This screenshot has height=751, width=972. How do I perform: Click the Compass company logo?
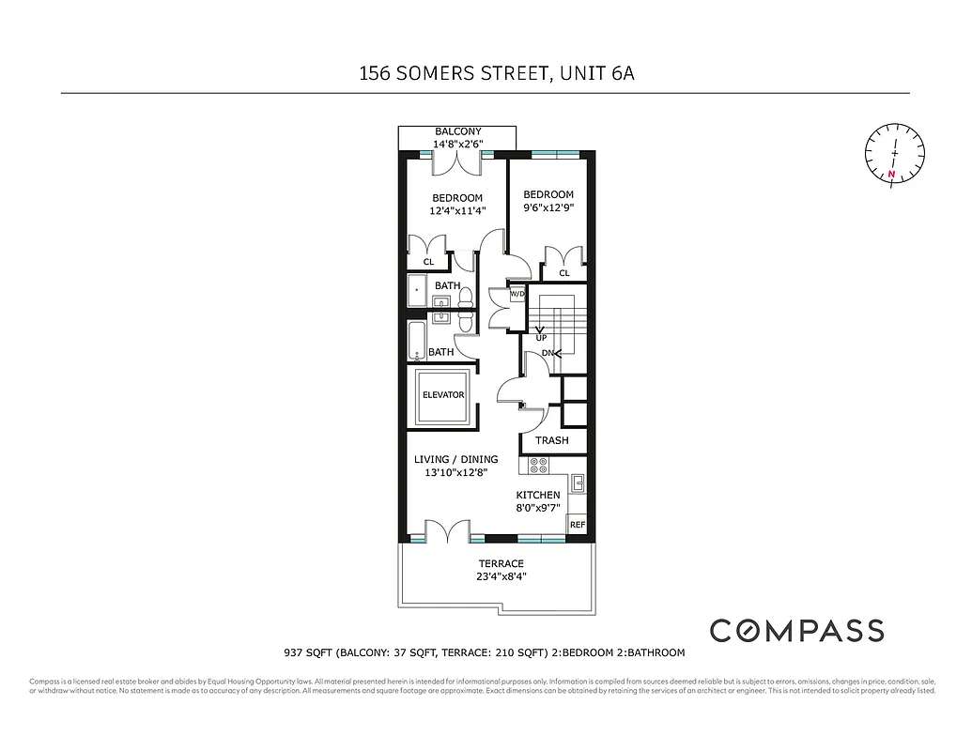pyautogui.click(x=796, y=630)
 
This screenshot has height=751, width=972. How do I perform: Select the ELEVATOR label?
pyautogui.click(x=442, y=395)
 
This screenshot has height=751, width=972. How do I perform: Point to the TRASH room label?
pyautogui.click(x=551, y=440)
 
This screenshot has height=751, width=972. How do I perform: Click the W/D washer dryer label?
pyautogui.click(x=517, y=295)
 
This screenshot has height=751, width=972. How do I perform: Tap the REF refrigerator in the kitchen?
pyautogui.click(x=578, y=525)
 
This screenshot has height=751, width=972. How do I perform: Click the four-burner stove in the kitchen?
pyautogui.click(x=539, y=464)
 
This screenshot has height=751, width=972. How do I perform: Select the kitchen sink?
pyautogui.click(x=579, y=483)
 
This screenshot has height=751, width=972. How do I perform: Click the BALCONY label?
pyautogui.click(x=457, y=131)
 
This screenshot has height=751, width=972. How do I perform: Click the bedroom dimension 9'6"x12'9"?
pyautogui.click(x=548, y=209)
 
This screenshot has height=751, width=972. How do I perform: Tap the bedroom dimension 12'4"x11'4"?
pyautogui.click(x=457, y=211)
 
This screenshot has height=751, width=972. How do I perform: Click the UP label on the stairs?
pyautogui.click(x=541, y=337)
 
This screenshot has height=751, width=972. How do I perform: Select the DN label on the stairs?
pyautogui.click(x=548, y=353)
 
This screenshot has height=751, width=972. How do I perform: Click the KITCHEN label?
pyautogui.click(x=538, y=495)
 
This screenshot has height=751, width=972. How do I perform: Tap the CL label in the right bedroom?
pyautogui.click(x=564, y=273)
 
